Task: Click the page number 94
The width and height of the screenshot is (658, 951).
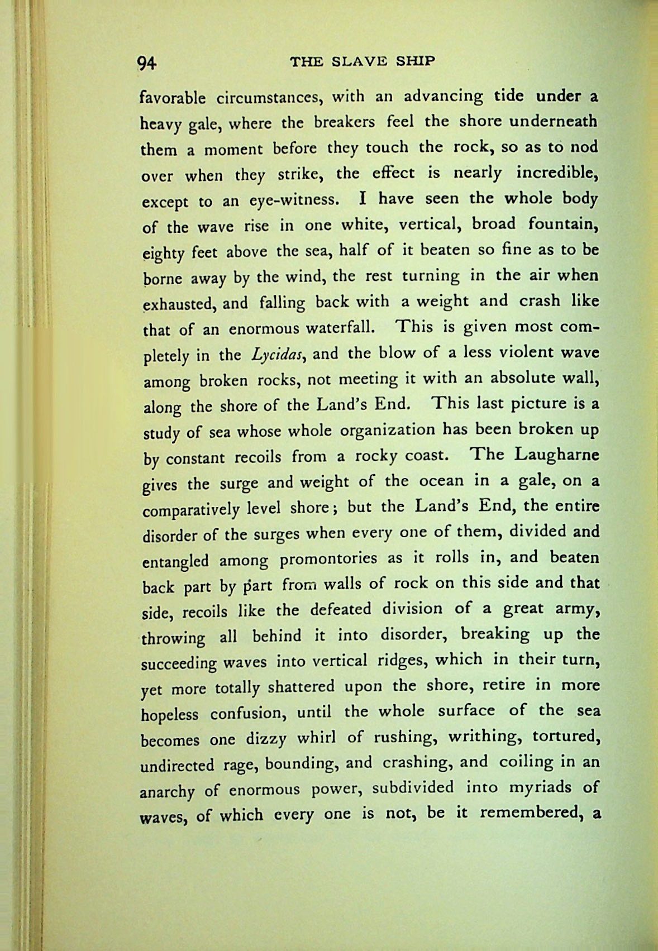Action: (x=149, y=63)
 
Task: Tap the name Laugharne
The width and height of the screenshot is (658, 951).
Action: (x=557, y=455)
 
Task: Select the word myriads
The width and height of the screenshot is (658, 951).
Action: (x=531, y=788)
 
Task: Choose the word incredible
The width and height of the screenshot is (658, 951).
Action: (x=557, y=174)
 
